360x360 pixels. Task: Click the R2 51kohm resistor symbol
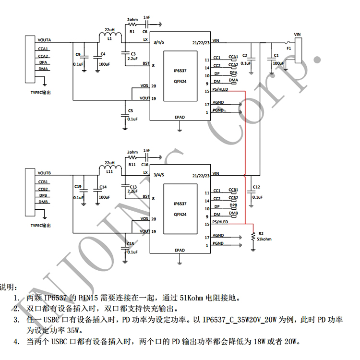tap(253, 235)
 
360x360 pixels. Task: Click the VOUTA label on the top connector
tap(45, 40)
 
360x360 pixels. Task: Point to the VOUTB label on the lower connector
tap(44, 173)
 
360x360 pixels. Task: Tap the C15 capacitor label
tap(131, 244)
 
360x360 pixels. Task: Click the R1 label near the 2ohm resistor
tap(132, 31)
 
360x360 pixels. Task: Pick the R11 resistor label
tap(132, 164)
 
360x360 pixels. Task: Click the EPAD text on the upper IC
tap(180, 117)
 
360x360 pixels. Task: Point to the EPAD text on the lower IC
tap(180, 250)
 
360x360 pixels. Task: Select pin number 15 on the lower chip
tap(207, 224)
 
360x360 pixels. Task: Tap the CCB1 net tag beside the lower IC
tap(233, 190)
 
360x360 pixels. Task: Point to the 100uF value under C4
tap(104, 64)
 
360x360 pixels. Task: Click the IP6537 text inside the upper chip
tap(180, 70)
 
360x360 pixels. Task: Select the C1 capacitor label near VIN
tap(276, 55)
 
